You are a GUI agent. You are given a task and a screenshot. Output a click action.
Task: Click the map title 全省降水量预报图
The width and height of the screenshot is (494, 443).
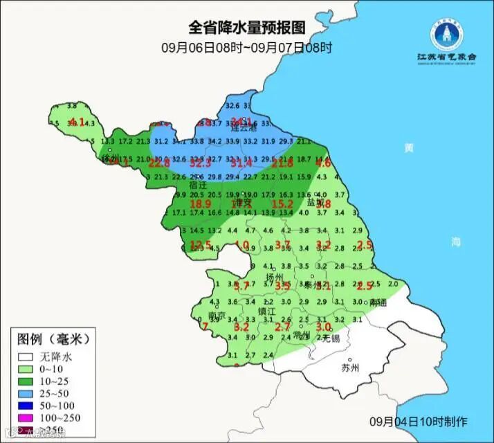click(x=247, y=28)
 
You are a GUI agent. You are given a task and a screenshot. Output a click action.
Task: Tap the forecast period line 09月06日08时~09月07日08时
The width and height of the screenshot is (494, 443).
click(x=246, y=48)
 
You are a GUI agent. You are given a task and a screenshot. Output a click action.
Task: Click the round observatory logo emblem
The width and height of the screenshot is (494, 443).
click(x=446, y=34)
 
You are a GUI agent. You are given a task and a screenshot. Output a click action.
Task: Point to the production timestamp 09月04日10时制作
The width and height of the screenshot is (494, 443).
click(x=418, y=422)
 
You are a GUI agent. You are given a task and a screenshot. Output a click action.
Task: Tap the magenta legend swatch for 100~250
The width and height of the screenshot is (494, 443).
click(x=26, y=417)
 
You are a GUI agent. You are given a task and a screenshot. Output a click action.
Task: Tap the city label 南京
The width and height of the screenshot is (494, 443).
click(x=219, y=315)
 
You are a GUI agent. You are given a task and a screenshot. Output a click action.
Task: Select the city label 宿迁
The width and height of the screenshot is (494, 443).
click(x=199, y=186)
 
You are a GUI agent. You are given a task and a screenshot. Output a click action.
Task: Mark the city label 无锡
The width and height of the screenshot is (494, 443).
click(x=331, y=338)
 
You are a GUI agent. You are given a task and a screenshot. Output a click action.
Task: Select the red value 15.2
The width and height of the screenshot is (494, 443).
click(x=282, y=204)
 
